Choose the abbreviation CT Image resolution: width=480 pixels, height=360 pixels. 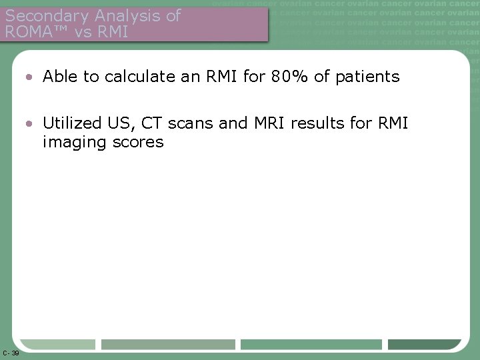(x=160, y=123)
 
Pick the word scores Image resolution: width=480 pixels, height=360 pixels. (x=137, y=142)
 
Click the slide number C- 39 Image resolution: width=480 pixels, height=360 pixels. (x=11, y=353)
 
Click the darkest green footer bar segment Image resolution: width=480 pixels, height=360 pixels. (x=424, y=345)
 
